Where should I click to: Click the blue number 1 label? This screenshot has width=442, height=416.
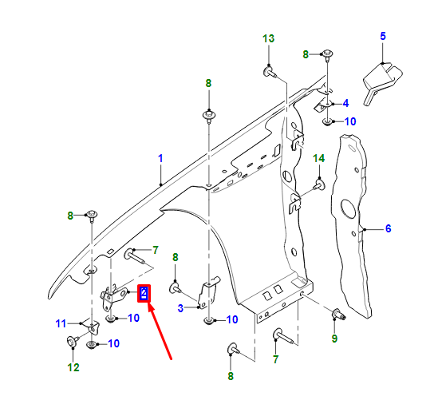(x=160, y=158)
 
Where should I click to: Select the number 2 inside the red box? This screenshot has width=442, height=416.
(x=144, y=293)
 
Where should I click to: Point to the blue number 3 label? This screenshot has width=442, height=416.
(x=180, y=307)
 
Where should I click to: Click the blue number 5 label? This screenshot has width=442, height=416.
(x=382, y=36)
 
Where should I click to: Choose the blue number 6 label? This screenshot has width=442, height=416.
(x=388, y=229)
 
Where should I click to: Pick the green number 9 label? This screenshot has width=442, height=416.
(x=334, y=339)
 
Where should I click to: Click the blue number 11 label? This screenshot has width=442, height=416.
(x=61, y=323)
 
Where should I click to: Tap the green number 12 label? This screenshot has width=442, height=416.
(x=73, y=367)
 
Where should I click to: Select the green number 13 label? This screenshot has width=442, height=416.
(x=268, y=38)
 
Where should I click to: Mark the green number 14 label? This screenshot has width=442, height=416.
(x=318, y=157)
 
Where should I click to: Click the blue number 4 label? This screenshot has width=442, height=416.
(x=345, y=103)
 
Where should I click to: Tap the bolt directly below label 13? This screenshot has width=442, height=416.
(x=269, y=73)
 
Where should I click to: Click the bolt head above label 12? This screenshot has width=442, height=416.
(x=73, y=342)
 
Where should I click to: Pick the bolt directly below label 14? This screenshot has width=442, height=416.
(x=318, y=185)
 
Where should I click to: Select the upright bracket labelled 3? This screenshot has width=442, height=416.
(x=211, y=293)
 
